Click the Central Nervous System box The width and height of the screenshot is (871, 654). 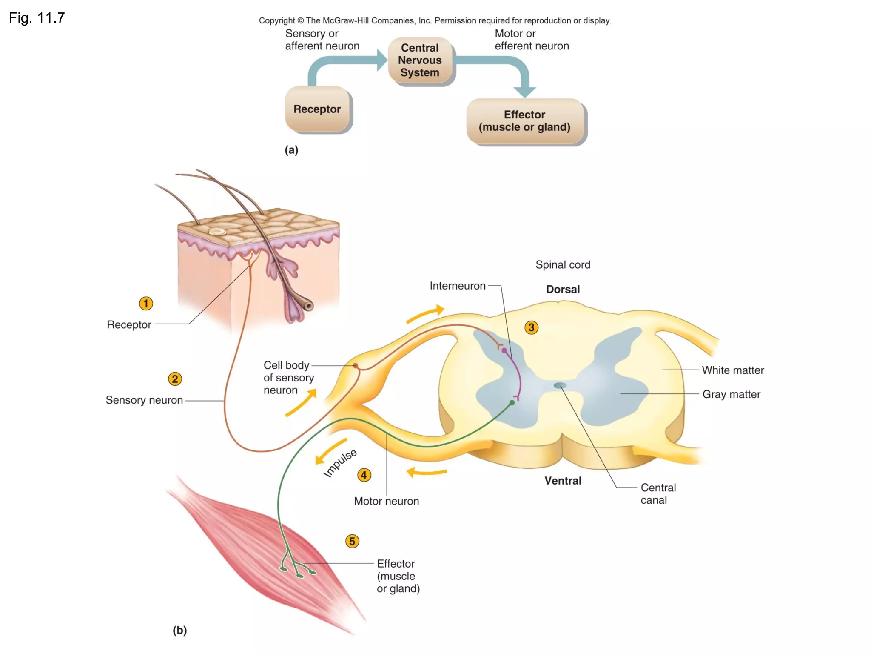420,60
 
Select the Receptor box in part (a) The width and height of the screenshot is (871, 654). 317,109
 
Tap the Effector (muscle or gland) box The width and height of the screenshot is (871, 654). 524,121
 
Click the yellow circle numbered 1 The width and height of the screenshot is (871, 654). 146,304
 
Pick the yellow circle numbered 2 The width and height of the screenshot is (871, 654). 175,379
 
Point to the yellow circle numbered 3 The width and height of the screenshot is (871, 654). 531,327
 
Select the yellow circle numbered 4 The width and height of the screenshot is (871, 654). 364,475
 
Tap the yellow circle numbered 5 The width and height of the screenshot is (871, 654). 352,541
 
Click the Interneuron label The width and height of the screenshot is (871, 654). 457,286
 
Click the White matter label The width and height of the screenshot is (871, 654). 732,370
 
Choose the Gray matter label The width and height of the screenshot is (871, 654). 731,394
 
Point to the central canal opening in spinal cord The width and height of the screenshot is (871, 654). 560,386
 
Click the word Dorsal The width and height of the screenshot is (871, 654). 563,290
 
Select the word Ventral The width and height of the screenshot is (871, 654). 563,481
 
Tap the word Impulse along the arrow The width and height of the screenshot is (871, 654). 340,463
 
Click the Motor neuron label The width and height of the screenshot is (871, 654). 386,501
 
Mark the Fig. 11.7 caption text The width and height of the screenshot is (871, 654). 37,18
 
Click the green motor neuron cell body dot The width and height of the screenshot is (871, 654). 512,402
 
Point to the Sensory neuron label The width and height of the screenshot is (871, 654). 144,400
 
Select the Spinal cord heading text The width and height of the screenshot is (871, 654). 563,265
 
